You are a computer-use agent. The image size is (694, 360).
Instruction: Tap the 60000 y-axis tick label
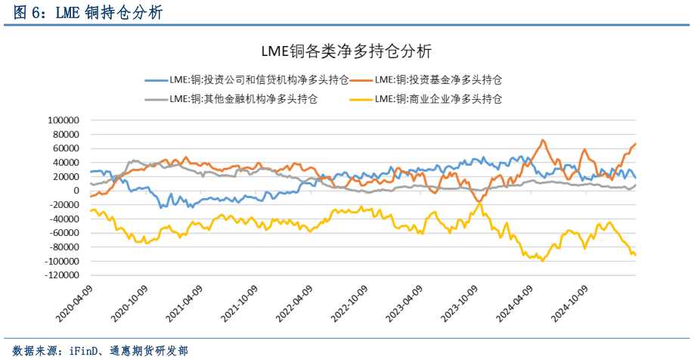[x=66, y=148]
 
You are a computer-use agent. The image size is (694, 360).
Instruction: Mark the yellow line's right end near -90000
[x=635, y=255]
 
